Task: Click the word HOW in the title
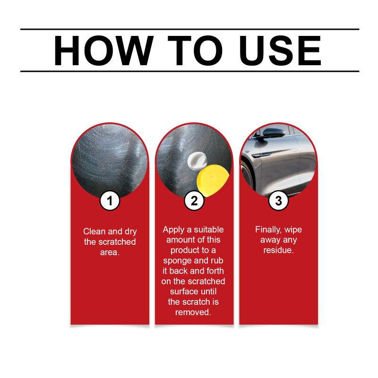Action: [x=103, y=51]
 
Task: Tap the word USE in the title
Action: [x=280, y=51]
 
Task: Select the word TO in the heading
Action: [x=195, y=51]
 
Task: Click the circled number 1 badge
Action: [x=110, y=201]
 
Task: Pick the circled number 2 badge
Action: [x=194, y=201]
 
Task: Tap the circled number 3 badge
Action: [x=278, y=201]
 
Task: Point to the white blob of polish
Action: [x=197, y=161]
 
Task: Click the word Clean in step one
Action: [x=94, y=232]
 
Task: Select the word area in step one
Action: [x=110, y=252]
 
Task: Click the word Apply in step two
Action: [x=173, y=230]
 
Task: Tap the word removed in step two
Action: [x=193, y=312]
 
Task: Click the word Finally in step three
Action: [x=268, y=230]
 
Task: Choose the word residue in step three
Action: [x=278, y=250]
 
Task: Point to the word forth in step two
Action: [x=215, y=271]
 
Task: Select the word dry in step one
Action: [x=131, y=232]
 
